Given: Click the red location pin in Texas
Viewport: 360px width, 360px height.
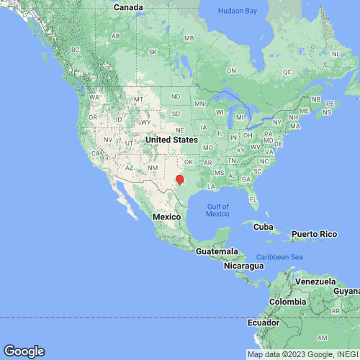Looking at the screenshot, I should [180, 179].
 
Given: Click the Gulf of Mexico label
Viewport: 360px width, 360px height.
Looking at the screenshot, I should [217, 209].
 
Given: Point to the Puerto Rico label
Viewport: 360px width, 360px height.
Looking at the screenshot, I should [313, 234].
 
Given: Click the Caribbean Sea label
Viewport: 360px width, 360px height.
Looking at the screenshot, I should [280, 257].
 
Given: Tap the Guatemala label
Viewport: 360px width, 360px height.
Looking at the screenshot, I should [217, 251].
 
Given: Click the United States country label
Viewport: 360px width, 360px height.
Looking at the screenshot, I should [171, 139].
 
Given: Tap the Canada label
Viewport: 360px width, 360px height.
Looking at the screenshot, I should [129, 7].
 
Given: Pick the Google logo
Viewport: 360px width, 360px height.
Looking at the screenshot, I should [23, 351].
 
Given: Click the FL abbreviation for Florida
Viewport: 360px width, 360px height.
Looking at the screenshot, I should [253, 198].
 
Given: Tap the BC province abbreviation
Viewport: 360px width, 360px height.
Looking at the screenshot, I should [75, 50].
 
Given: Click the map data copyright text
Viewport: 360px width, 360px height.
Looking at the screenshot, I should [302, 354].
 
